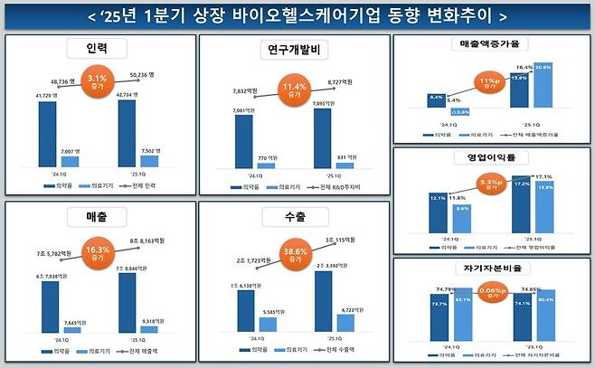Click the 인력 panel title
(98, 48)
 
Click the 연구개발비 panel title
(292, 48)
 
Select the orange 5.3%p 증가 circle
(492, 184)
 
